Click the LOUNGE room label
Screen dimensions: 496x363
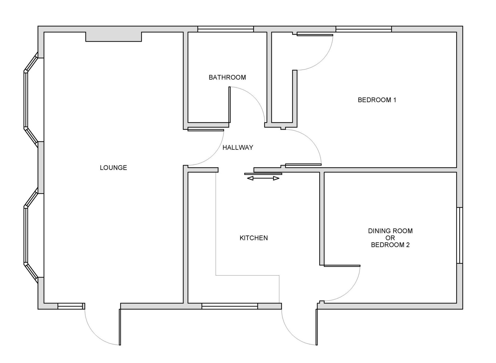point(113,168)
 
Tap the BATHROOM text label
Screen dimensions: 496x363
point(227,77)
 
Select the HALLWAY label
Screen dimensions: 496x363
point(238,147)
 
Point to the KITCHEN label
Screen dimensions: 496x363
point(253,238)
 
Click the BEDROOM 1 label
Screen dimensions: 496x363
point(377,100)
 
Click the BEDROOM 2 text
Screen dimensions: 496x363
point(390,245)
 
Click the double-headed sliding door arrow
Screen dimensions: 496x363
point(263,178)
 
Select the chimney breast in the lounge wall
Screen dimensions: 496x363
point(113,37)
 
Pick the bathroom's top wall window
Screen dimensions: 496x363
point(226,29)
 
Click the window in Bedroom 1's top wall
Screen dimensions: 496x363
point(364,29)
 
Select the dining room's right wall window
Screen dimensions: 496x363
point(460,235)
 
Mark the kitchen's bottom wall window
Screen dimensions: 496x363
point(230,306)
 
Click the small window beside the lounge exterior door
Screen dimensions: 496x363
point(70,306)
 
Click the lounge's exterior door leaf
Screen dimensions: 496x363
point(120,327)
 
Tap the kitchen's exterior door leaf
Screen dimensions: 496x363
point(317,327)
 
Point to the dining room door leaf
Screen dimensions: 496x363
point(342,266)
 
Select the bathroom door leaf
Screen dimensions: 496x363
point(230,105)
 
